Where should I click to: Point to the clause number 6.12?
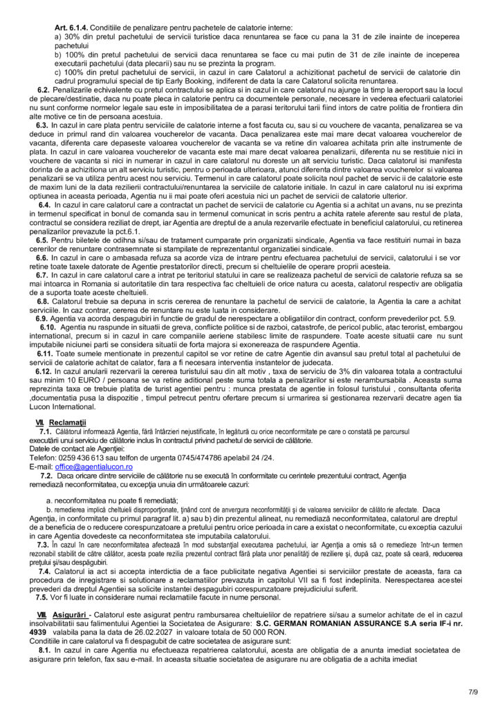pyautogui.click(x=42, y=371)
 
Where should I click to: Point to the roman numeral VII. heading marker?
pyautogui.click(x=39, y=422)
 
